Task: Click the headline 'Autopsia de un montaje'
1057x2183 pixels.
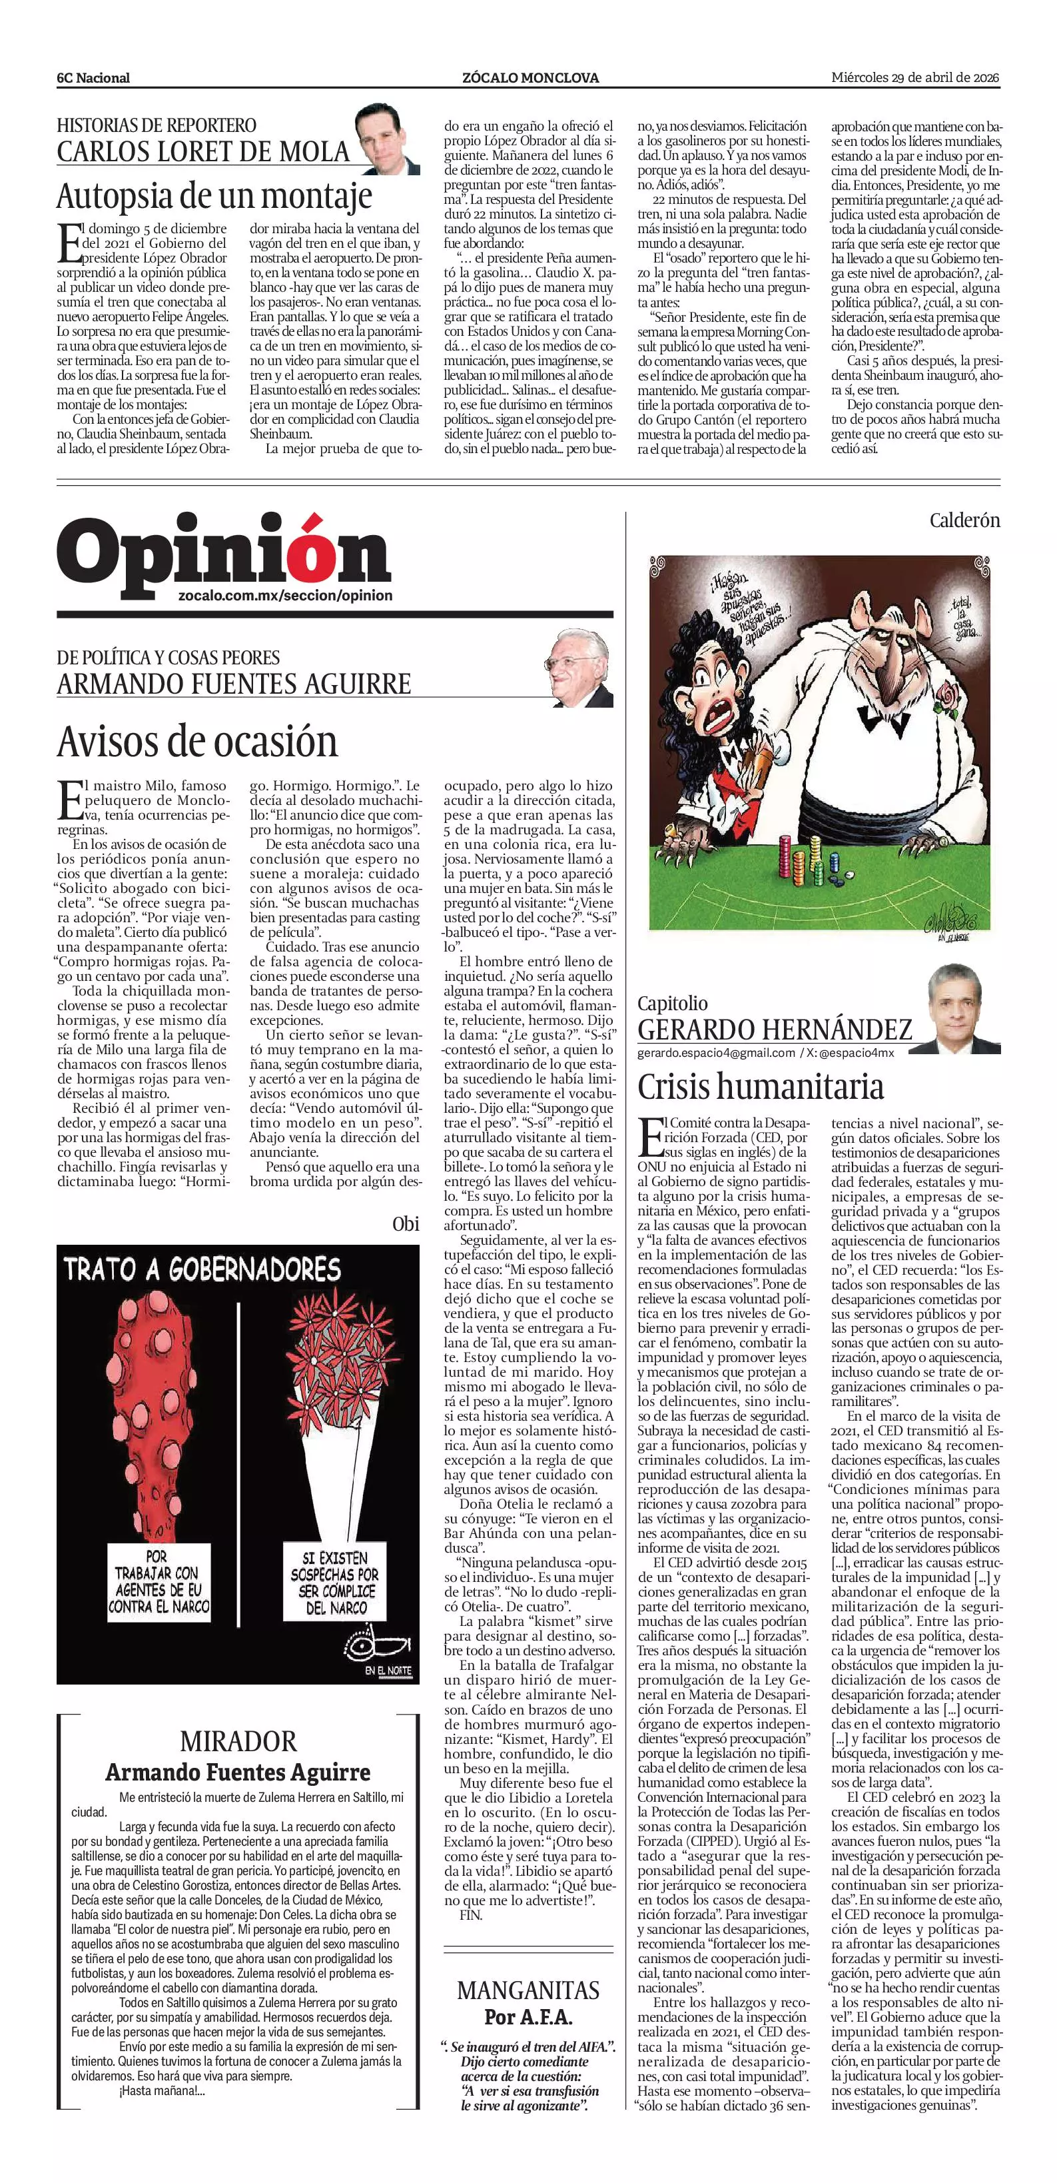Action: (x=214, y=197)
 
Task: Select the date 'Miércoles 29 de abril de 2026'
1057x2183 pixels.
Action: (x=914, y=77)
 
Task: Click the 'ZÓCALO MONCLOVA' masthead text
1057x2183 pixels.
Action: (x=530, y=78)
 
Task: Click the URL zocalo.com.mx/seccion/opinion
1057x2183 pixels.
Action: (x=286, y=596)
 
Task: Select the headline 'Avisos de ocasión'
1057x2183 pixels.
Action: (x=197, y=742)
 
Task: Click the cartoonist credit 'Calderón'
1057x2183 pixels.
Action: (x=964, y=520)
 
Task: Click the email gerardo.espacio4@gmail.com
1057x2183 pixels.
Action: (x=716, y=1053)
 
